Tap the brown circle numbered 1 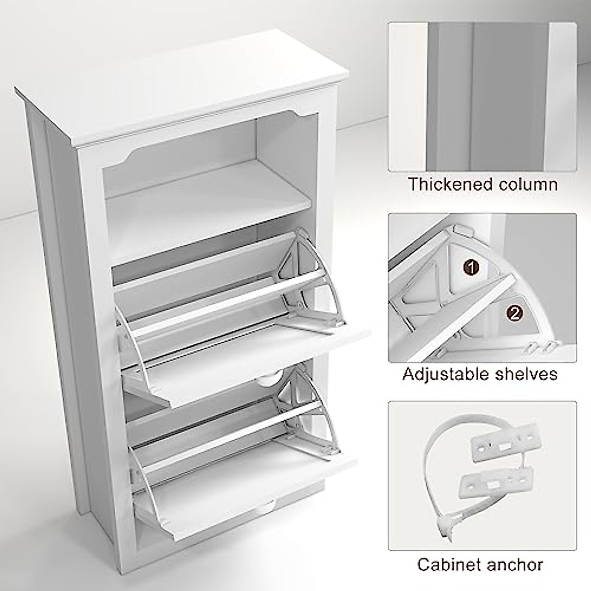point(472,267)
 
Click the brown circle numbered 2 point(514,312)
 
